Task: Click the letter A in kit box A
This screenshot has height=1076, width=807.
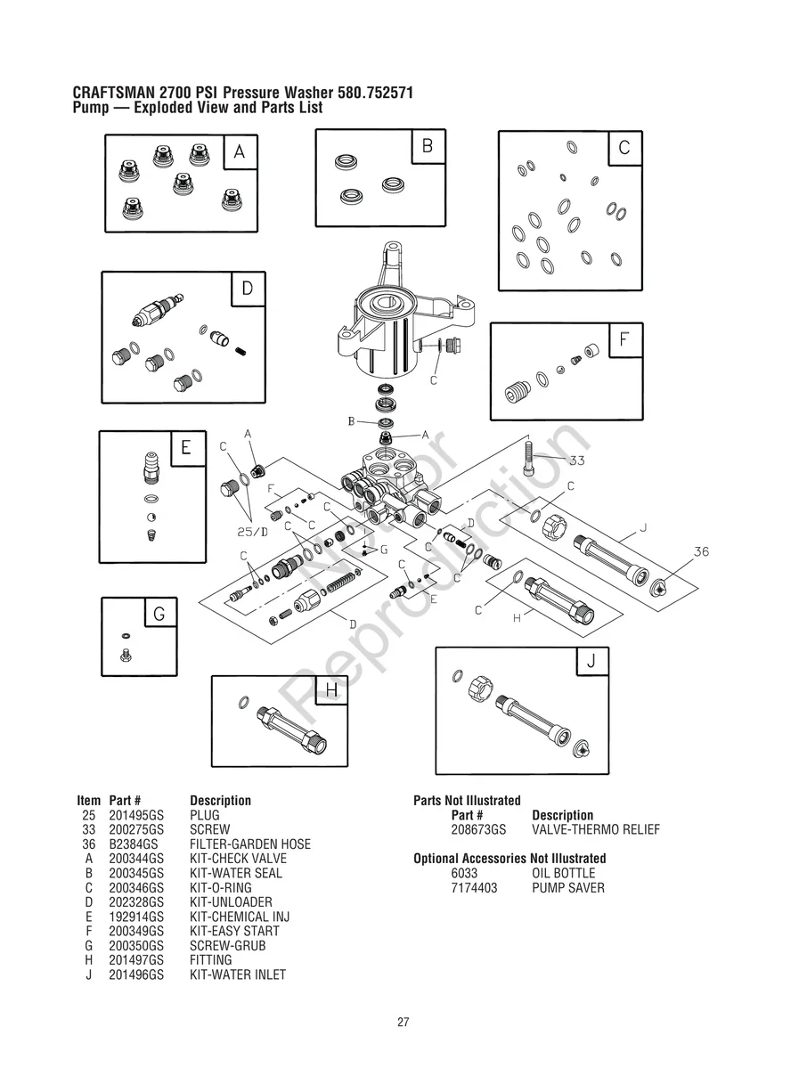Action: [x=240, y=152]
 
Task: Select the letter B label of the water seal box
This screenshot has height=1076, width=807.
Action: [x=427, y=146]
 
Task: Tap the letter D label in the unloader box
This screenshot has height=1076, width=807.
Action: [x=248, y=289]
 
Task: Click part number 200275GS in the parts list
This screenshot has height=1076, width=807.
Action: [x=136, y=829]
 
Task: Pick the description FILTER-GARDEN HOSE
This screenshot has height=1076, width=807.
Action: [x=250, y=844]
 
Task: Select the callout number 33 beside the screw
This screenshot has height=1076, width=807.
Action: [x=577, y=461]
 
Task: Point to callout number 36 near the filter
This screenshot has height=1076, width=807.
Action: [x=701, y=552]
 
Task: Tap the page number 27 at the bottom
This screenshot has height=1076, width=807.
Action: [x=403, y=1023]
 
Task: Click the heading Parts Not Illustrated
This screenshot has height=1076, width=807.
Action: [x=467, y=801]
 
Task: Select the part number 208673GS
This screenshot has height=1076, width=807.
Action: [x=478, y=829]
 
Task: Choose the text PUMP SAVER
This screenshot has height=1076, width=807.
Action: [x=567, y=888]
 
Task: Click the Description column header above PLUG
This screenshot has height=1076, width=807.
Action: [x=220, y=801]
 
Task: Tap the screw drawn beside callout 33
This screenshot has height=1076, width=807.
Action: [x=530, y=459]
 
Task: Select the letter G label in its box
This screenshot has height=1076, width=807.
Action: [x=159, y=614]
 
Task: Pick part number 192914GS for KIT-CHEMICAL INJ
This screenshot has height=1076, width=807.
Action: [x=136, y=917]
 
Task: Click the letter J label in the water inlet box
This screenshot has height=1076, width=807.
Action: [x=591, y=662]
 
